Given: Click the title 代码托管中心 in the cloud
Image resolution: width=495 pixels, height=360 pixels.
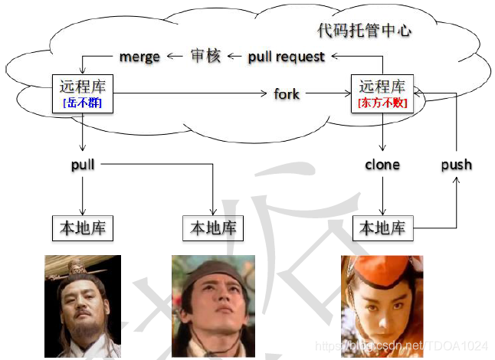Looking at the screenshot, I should point(365,31).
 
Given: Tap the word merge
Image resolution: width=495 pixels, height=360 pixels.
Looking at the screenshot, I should point(139,57).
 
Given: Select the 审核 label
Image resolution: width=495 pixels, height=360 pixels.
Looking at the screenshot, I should point(205,56).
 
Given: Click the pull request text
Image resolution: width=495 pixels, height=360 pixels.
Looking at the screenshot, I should point(286,57).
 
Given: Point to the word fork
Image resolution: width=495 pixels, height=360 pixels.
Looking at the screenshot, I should point(287,94).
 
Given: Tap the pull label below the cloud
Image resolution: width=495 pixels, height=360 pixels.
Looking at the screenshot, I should point(83,164).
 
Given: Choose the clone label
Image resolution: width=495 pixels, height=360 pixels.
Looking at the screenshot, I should point(382,164).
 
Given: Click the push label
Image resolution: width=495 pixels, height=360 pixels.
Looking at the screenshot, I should point(457,164).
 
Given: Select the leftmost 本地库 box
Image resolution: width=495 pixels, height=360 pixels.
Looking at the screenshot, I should point(83,227).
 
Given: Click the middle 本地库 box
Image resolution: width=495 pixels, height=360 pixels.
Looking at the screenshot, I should point(213,227).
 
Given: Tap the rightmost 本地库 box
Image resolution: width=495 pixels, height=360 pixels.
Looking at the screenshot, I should point(382,227).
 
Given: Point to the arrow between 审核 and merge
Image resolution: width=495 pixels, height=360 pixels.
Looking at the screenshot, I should point(175,56).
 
